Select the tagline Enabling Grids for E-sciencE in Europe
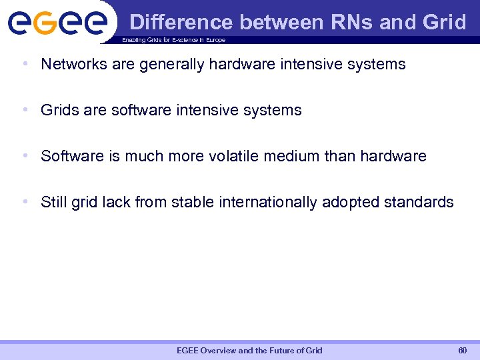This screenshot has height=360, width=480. (173, 40)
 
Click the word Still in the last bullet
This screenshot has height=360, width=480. (53, 202)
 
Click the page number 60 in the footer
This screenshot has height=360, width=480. (462, 350)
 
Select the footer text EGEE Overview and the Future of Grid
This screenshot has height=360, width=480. (249, 350)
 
